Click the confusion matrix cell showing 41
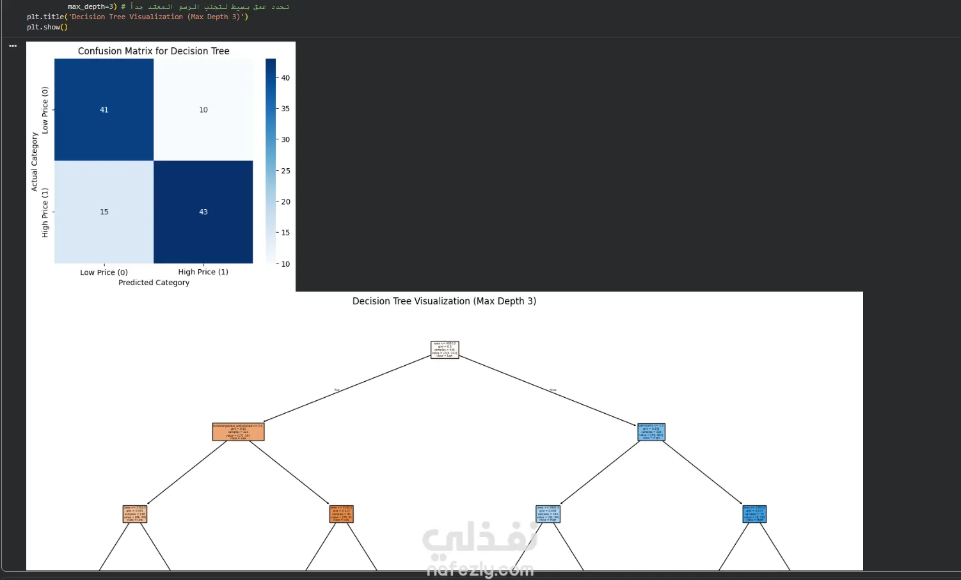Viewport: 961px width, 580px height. (104, 110)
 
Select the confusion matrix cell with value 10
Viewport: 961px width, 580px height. (203, 110)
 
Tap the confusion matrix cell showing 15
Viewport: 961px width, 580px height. (104, 212)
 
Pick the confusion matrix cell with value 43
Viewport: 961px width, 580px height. (203, 212)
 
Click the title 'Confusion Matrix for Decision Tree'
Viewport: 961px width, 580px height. (154, 51)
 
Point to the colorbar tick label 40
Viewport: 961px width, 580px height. (285, 78)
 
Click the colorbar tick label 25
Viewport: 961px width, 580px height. (285, 171)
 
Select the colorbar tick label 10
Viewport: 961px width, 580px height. (285, 263)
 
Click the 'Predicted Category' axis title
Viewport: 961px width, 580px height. (154, 283)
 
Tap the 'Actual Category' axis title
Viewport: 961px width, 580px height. (35, 162)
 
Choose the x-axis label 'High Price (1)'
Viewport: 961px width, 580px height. (203, 272)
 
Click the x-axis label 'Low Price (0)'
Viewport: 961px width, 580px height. (104, 272)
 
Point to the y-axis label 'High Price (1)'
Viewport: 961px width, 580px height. (45, 213)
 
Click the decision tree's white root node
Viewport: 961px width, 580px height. (445, 350)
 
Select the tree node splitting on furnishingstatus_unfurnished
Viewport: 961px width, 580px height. (238, 432)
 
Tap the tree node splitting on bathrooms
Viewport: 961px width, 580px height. (651, 432)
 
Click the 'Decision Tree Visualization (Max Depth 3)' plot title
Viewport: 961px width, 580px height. (444, 301)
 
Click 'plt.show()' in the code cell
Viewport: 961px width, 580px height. (47, 27)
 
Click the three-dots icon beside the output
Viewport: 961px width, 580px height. (13, 46)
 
